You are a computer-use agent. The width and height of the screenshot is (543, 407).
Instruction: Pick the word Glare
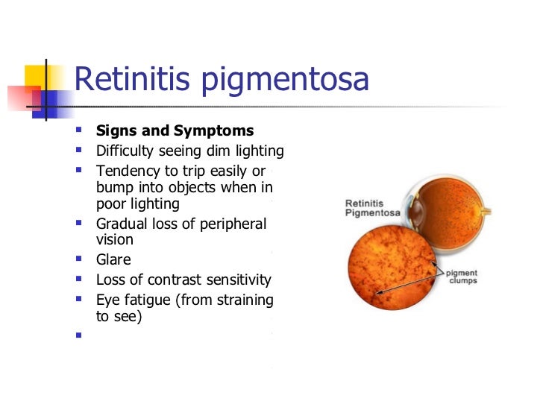point(113,260)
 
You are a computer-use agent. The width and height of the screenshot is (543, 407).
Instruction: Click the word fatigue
point(148,300)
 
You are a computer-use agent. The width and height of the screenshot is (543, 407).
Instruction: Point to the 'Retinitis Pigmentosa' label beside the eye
point(371,207)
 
